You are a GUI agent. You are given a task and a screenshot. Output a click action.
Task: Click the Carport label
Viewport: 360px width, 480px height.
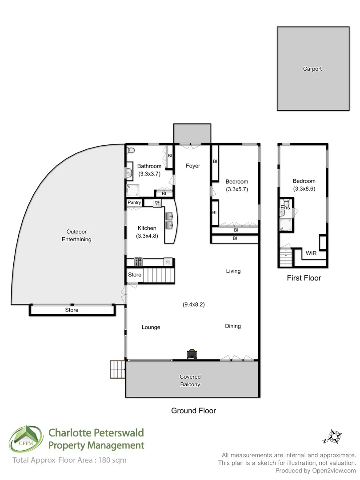click(312, 69)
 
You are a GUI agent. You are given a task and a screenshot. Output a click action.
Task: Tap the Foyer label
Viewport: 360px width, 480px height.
click(193, 166)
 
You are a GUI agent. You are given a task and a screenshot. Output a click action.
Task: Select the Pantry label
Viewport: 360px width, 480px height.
click(134, 203)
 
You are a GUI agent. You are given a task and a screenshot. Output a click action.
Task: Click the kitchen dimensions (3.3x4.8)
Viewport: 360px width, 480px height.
click(147, 236)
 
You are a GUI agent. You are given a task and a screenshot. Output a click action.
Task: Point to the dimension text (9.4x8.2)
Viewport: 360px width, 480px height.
click(193, 304)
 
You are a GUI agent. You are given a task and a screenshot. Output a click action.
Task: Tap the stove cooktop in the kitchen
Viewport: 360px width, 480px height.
click(139, 262)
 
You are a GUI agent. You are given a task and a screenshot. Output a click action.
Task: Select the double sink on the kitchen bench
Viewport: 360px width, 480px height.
click(170, 221)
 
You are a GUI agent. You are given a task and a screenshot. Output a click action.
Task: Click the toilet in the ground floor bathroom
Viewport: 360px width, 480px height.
click(129, 151)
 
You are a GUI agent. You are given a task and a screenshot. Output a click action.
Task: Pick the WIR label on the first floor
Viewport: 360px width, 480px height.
click(311, 253)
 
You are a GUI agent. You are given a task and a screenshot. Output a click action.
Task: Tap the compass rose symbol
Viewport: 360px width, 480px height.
click(332, 436)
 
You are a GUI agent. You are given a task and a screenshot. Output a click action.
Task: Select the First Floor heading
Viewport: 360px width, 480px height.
click(304, 278)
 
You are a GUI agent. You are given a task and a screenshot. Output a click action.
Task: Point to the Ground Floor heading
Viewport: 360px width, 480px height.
click(193, 411)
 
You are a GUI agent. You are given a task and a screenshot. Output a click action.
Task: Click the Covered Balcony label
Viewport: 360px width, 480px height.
click(190, 380)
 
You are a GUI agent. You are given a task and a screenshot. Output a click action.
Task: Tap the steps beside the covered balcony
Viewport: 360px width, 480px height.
click(117, 369)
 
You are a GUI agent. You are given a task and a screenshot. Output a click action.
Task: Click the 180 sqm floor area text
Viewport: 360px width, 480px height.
click(111, 460)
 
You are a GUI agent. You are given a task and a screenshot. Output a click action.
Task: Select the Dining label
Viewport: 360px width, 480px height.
click(233, 326)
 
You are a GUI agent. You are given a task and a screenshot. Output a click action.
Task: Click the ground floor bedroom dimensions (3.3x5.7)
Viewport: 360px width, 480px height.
click(236, 189)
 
